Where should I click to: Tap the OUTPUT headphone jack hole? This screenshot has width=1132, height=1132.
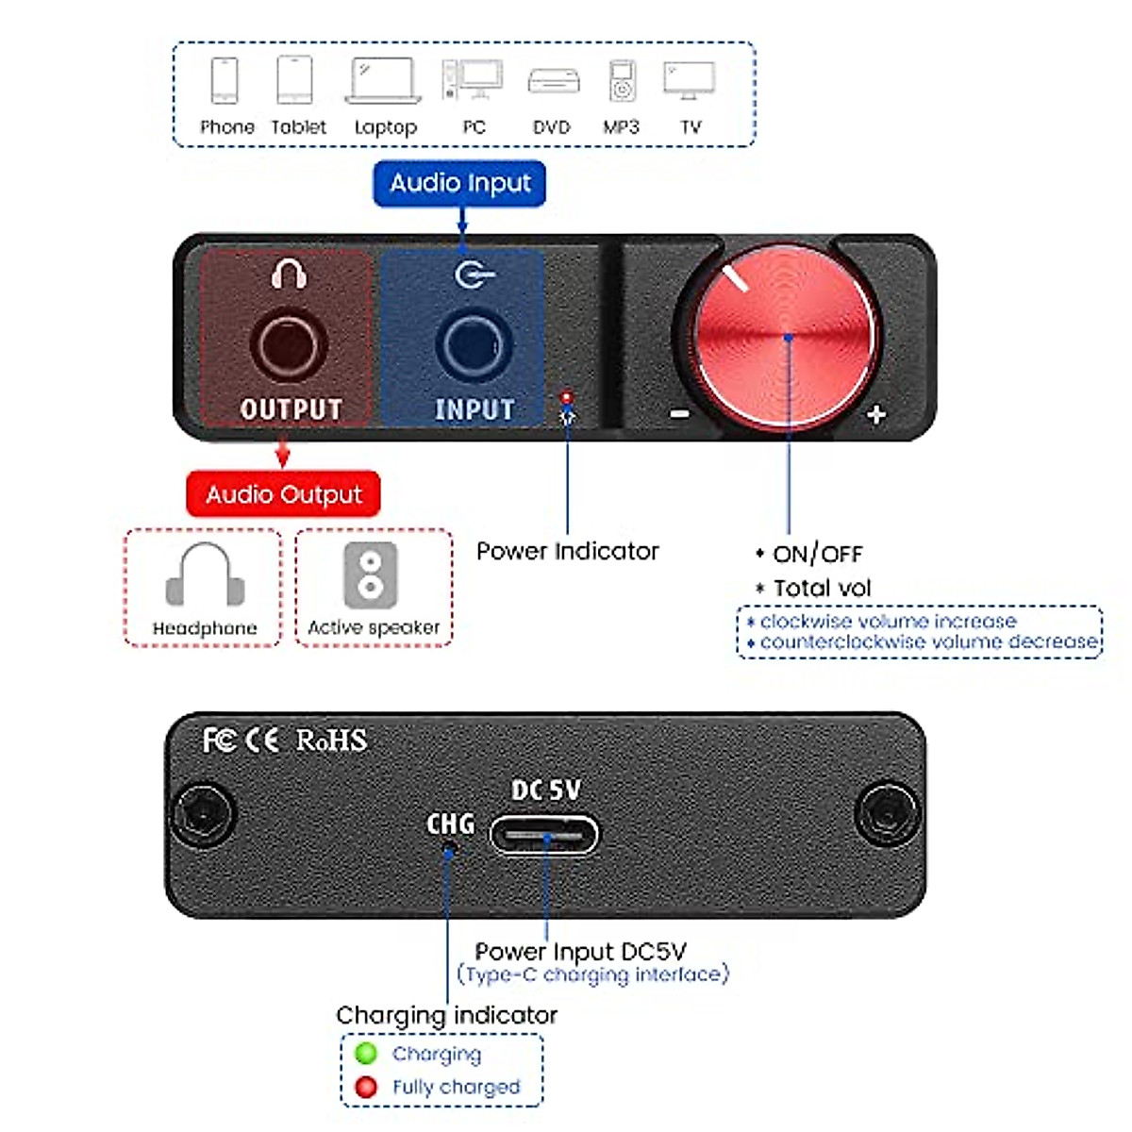[289, 345]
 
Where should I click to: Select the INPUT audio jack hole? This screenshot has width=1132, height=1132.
[473, 345]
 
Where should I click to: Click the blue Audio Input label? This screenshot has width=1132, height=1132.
[460, 183]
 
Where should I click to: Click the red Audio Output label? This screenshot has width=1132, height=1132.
[283, 494]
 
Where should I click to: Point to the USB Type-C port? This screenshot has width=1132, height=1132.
[544, 835]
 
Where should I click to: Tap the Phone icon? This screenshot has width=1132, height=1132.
[225, 80]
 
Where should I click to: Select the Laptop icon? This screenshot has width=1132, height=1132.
[383, 80]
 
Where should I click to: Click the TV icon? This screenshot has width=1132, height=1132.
[689, 80]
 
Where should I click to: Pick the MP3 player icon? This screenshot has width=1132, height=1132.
[622, 80]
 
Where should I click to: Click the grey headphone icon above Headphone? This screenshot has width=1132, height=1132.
[205, 575]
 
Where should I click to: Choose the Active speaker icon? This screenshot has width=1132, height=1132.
[371, 574]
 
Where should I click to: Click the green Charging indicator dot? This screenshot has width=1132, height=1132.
[366, 1054]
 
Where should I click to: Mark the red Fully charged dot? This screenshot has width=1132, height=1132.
[366, 1087]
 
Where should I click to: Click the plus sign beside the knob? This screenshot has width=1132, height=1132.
[875, 414]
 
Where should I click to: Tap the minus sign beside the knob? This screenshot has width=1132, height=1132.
[679, 413]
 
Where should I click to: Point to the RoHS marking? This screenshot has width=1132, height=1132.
[331, 741]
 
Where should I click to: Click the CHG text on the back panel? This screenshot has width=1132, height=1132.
[450, 824]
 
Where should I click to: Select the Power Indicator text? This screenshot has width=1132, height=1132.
[567, 551]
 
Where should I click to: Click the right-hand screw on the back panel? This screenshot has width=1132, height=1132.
[885, 812]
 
